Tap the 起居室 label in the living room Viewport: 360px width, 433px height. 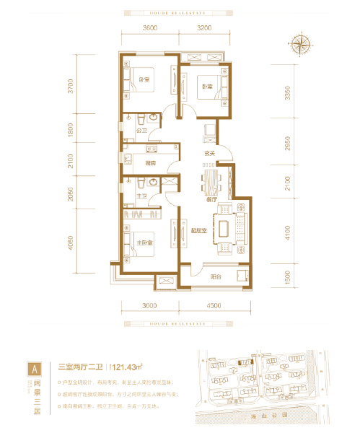point(200,230)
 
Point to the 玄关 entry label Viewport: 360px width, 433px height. point(210,153)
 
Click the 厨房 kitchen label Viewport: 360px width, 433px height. point(150,163)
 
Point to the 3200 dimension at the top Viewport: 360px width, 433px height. point(203,27)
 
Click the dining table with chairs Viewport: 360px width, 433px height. point(211,183)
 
